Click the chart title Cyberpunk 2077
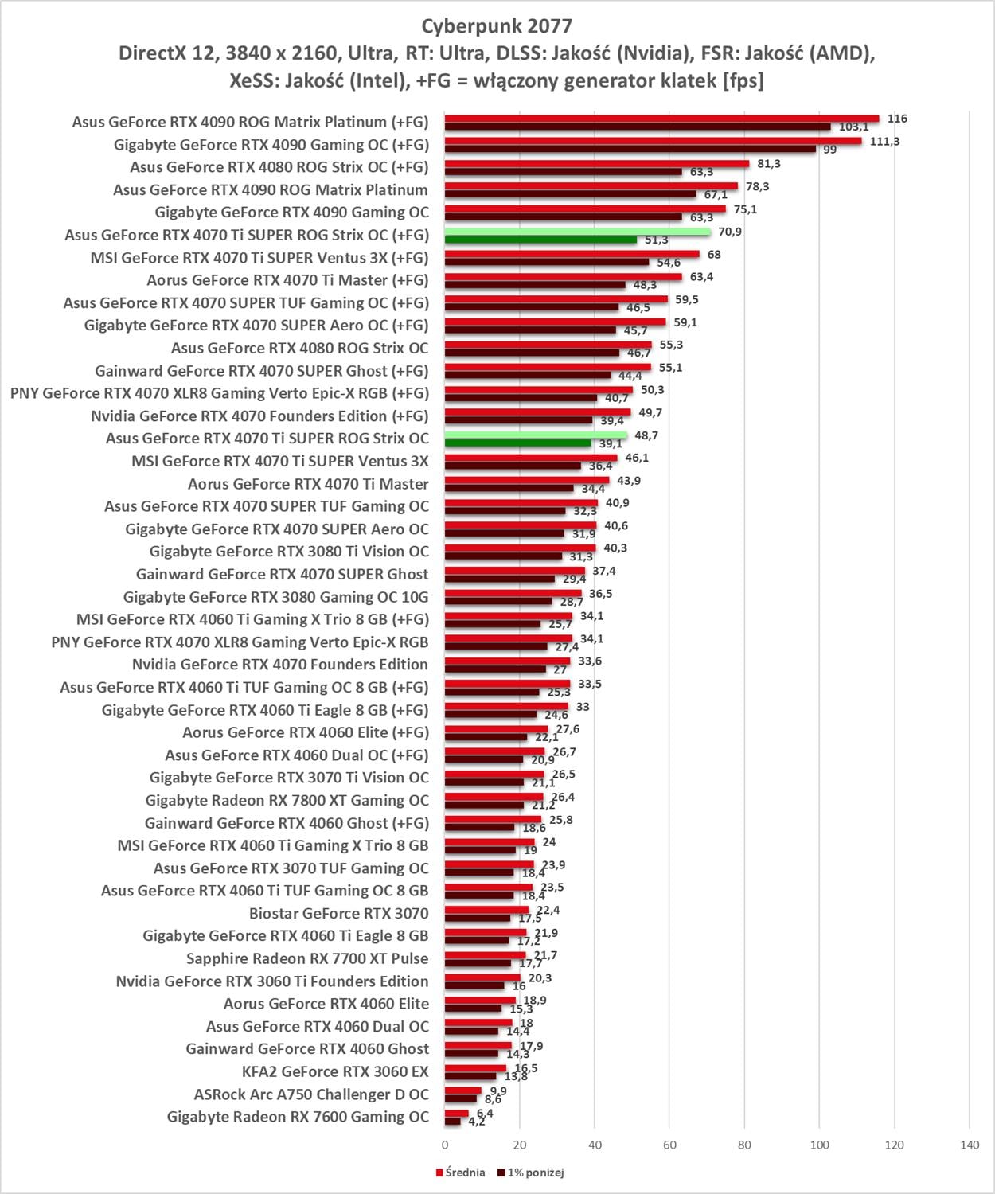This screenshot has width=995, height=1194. pos(497,26)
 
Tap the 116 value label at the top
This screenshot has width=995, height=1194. pos(897,119)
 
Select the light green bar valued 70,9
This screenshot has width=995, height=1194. pos(577,232)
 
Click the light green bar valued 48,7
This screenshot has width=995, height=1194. pos(536,435)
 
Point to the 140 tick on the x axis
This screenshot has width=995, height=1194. pos(970,1145)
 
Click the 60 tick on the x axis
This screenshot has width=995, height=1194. pos(669,1145)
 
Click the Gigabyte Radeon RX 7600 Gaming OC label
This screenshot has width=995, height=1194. pos(298,1117)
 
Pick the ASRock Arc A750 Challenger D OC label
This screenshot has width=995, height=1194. pos(311,1094)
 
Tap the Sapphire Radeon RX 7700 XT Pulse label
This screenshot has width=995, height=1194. pos(307,958)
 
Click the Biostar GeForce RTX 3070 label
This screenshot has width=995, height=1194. pos(338,913)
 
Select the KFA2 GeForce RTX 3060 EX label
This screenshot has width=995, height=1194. pos(335,1071)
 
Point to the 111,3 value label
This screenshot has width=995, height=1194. pos(885,142)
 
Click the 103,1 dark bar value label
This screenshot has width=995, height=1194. pos(853,127)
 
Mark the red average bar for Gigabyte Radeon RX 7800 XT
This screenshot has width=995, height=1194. pos(494,797)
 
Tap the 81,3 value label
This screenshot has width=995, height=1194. pos(768,164)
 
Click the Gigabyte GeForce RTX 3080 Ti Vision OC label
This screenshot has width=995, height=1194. pos(289,551)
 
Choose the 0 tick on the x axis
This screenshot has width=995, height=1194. pos(444,1145)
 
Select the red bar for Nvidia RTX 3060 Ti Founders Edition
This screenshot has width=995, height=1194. pos(482,977)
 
